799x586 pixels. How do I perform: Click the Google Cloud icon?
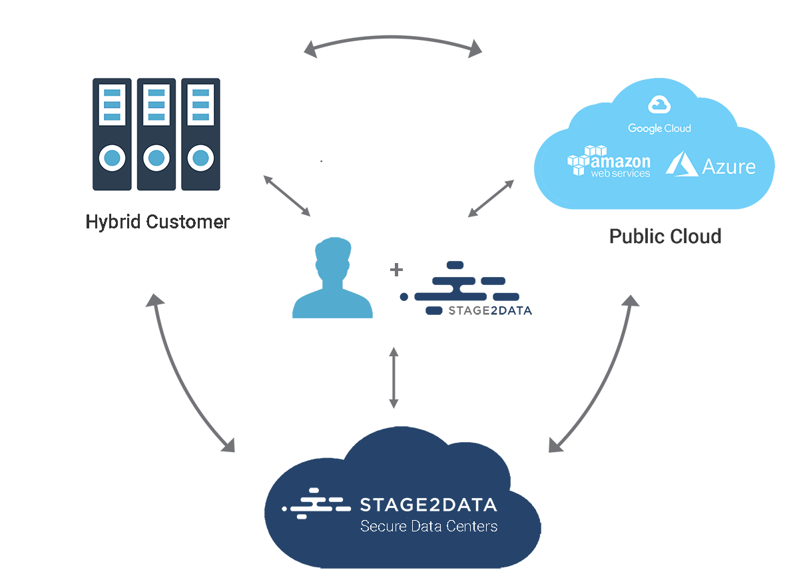(x=659, y=105)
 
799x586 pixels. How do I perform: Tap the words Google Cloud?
(x=659, y=129)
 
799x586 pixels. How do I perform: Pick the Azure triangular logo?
(x=681, y=163)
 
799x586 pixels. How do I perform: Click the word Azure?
(x=729, y=166)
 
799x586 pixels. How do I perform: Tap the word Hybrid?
(x=114, y=222)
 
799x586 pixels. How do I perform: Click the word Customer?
(x=186, y=222)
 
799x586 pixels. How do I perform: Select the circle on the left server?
(x=113, y=158)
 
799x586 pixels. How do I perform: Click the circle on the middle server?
(x=156, y=158)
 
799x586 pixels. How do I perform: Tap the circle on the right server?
(x=200, y=158)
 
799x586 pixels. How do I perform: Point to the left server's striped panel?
(x=113, y=105)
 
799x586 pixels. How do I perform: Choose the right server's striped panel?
(x=200, y=105)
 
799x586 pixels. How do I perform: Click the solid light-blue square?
(x=332, y=277)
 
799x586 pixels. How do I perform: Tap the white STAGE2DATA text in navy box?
(x=428, y=505)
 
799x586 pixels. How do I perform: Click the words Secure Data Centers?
(x=428, y=527)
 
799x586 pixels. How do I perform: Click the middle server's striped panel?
(x=156, y=105)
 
